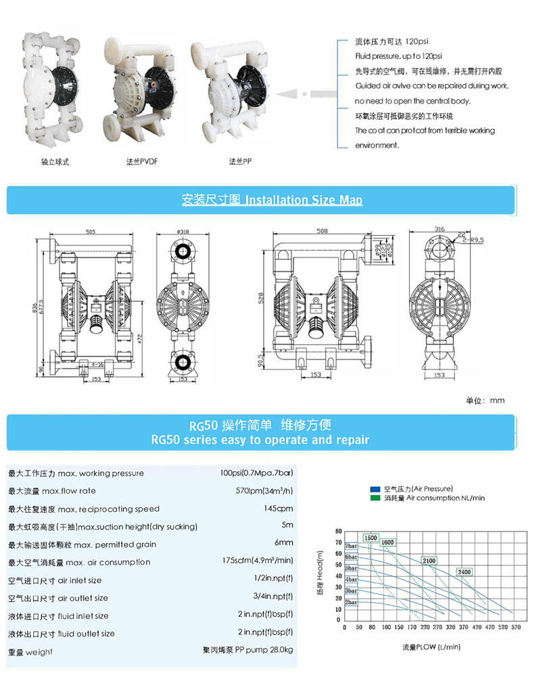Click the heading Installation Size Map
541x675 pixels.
(x=303, y=200)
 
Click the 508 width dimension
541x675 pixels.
(x=323, y=231)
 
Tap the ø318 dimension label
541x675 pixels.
(x=182, y=232)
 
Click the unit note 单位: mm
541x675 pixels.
(x=485, y=400)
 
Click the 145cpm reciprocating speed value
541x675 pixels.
(x=279, y=508)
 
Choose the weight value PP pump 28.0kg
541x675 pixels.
(x=248, y=651)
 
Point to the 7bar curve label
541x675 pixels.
(x=350, y=546)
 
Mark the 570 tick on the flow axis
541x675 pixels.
(x=515, y=628)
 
